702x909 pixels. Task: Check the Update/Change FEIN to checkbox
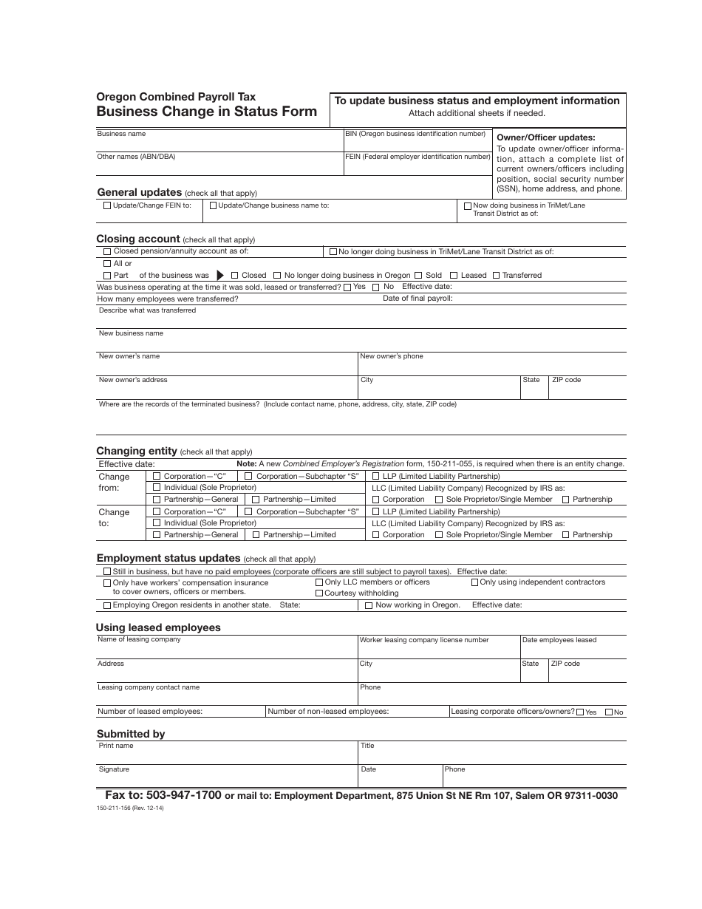click(x=108, y=206)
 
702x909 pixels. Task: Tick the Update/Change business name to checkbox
click(x=214, y=206)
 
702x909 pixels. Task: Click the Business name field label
click(x=121, y=135)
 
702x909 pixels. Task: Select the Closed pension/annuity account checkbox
click(x=108, y=252)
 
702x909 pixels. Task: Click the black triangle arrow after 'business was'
click(x=219, y=275)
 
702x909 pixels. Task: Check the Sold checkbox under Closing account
click(x=418, y=276)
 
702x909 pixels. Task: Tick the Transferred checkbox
click(x=497, y=276)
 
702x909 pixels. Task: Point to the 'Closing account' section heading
click(x=138, y=239)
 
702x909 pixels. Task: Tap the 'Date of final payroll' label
click(x=418, y=299)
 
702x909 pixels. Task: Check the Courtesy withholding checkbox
click(x=319, y=593)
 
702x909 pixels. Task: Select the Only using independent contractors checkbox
click(x=474, y=582)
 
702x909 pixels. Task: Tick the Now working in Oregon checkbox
click(x=369, y=605)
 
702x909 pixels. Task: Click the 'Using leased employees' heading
click(x=158, y=627)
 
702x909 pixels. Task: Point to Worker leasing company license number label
click(x=423, y=640)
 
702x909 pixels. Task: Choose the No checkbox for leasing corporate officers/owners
click(x=609, y=712)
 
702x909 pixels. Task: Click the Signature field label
click(x=114, y=769)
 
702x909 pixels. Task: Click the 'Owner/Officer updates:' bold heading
click(x=545, y=137)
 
